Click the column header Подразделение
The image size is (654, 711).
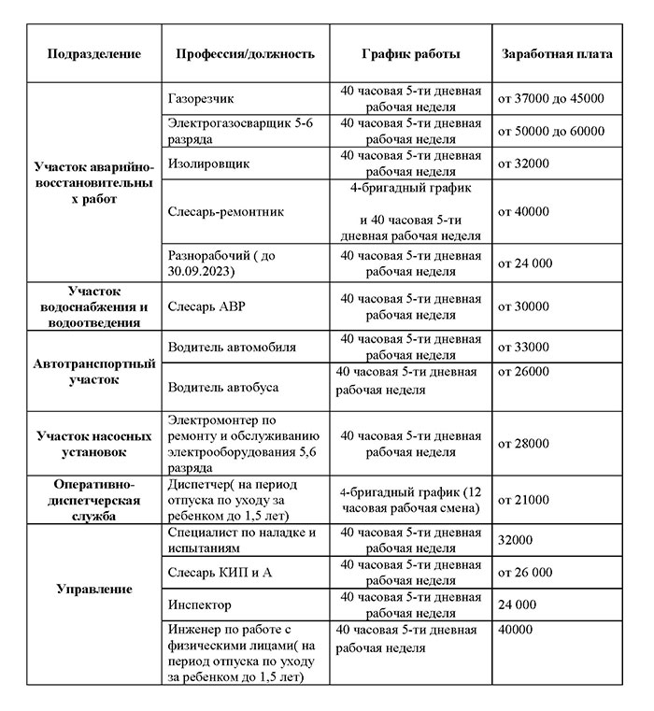[x=94, y=54]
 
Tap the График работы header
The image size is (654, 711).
[x=410, y=54]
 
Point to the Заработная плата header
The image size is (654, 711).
[x=557, y=54]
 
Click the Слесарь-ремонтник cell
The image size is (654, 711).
[x=226, y=212]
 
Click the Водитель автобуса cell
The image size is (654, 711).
[x=223, y=386]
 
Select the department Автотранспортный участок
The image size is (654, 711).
[x=94, y=372]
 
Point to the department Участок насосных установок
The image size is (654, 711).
[x=94, y=443]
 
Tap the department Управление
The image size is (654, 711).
[x=94, y=590]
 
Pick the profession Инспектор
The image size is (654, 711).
[x=200, y=604]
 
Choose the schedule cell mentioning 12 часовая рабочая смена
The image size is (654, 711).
[x=410, y=500]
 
